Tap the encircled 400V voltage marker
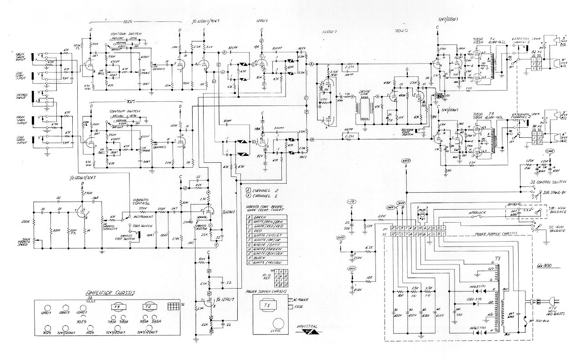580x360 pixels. [x=406, y=161]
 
